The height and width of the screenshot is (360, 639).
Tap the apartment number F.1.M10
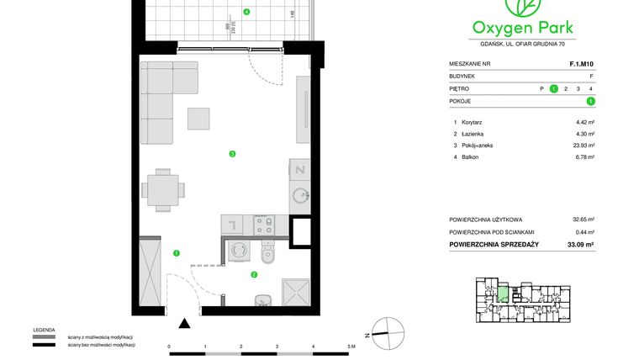tap(582, 63)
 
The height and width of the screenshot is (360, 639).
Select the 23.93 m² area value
tap(584, 145)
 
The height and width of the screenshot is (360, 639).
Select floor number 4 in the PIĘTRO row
tap(591, 88)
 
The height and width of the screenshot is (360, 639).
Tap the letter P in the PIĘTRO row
tap(541, 88)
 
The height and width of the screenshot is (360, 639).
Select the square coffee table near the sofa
tap(198, 119)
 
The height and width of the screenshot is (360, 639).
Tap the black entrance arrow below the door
tap(184, 321)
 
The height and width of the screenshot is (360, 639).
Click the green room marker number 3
tap(232, 153)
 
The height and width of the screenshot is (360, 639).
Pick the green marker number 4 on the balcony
tap(246, 12)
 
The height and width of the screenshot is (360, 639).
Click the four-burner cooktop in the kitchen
tap(263, 224)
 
